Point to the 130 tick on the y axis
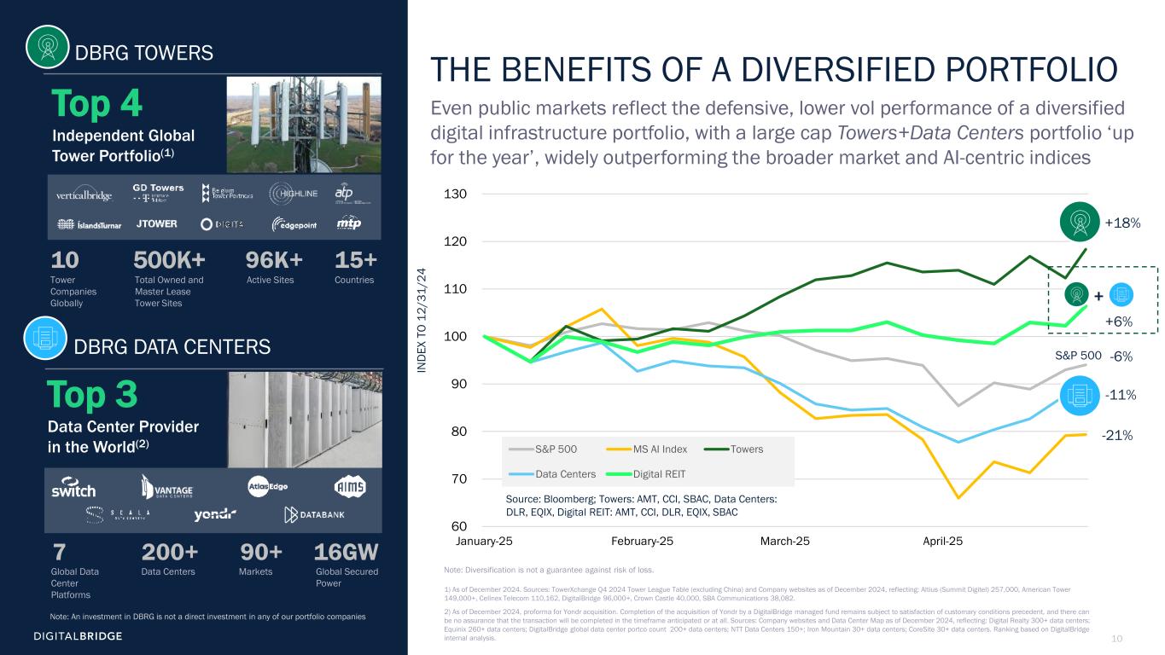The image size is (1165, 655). tap(457, 195)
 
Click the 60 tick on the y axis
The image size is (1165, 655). tap(459, 526)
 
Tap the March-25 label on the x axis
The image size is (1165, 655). tap(785, 542)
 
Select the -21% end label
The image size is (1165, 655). tap(1117, 436)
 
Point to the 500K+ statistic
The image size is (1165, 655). tap(169, 259)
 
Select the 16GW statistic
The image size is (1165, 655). tap(346, 552)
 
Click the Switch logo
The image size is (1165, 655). tap(73, 490)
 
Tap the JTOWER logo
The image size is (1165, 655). tap(157, 224)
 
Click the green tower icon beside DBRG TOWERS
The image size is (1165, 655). tap(47, 47)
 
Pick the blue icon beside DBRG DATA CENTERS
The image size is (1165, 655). tap(45, 339)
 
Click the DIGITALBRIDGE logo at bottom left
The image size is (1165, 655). tap(78, 636)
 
